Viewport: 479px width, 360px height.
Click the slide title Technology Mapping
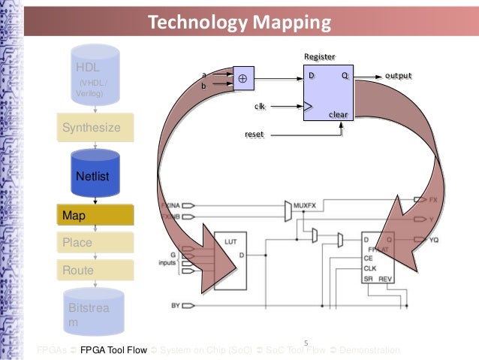pyautogui.click(x=239, y=22)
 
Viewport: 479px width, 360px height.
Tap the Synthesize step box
pyautogui.click(x=95, y=128)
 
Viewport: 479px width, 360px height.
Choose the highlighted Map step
pyautogui.click(x=95, y=216)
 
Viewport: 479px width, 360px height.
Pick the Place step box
pyautogui.click(x=95, y=243)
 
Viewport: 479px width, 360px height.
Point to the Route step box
pyautogui.click(x=95, y=270)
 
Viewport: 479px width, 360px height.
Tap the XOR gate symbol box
pyautogui.click(x=243, y=78)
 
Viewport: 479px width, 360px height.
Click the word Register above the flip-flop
pyautogui.click(x=319, y=57)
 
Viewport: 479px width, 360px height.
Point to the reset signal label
pyautogui.click(x=255, y=134)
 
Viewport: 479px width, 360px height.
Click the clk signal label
pyautogui.click(x=260, y=107)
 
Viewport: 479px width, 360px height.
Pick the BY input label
pyautogui.click(x=176, y=305)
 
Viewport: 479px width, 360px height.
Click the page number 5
pyautogui.click(x=306, y=344)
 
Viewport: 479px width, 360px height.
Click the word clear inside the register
pyautogui.click(x=339, y=114)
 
